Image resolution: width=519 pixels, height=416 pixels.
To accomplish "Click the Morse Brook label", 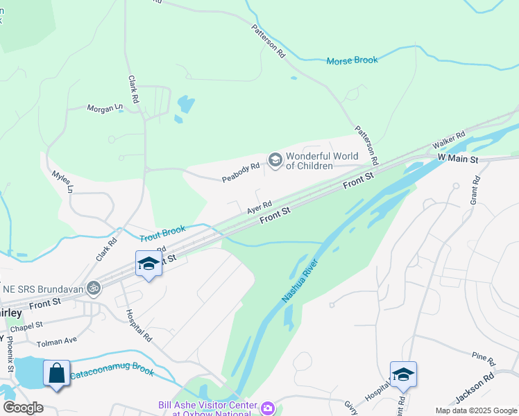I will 352,60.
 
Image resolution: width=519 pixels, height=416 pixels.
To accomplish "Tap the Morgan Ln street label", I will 104,108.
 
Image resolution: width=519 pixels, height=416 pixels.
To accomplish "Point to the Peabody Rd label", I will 240,173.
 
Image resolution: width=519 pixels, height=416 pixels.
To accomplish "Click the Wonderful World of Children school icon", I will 275,161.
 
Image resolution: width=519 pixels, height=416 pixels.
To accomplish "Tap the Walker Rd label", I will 448,141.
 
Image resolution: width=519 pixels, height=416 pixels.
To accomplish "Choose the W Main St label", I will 458,159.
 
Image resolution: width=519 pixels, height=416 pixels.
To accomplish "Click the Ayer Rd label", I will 258,207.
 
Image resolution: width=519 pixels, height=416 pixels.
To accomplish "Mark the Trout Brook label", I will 163,233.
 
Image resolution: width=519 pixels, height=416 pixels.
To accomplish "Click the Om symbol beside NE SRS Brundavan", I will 92,287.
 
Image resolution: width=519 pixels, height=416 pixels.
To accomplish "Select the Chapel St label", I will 27,324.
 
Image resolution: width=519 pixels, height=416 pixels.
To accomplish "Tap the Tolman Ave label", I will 57,340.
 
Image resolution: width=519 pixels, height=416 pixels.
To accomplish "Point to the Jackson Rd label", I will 475,388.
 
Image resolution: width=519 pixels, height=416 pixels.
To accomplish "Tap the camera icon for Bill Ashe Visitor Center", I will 267,408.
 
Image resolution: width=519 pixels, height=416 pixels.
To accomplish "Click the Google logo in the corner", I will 23,408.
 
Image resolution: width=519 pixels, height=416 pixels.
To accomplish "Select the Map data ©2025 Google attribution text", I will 475,410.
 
